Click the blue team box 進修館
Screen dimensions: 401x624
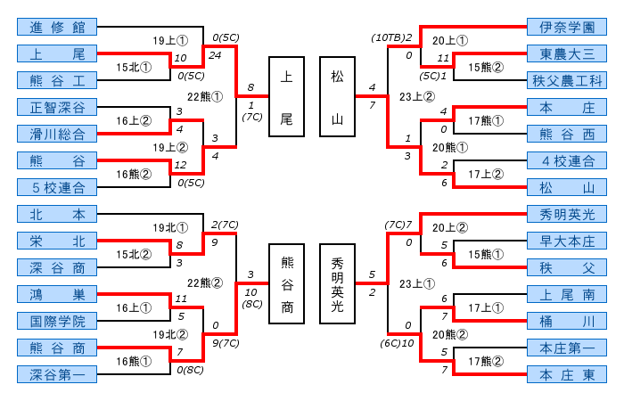click(56, 27)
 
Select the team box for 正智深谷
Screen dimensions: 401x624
click(56, 107)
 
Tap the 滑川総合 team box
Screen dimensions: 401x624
click(56, 134)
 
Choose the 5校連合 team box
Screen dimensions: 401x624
click(56, 187)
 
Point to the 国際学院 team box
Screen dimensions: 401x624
click(56, 321)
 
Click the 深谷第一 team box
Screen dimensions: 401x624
click(56, 374)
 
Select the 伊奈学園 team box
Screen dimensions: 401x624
click(566, 27)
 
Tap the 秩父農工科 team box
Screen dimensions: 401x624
click(566, 80)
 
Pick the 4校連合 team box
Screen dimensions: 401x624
click(566, 160)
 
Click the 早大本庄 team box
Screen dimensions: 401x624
click(566, 241)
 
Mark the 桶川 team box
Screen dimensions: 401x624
click(566, 321)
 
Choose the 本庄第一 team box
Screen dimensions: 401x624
click(566, 348)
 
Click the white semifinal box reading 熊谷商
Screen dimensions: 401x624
click(286, 282)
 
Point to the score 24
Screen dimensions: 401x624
click(214, 54)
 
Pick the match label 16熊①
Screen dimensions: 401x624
click(134, 360)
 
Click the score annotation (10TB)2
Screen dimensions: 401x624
click(393, 37)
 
